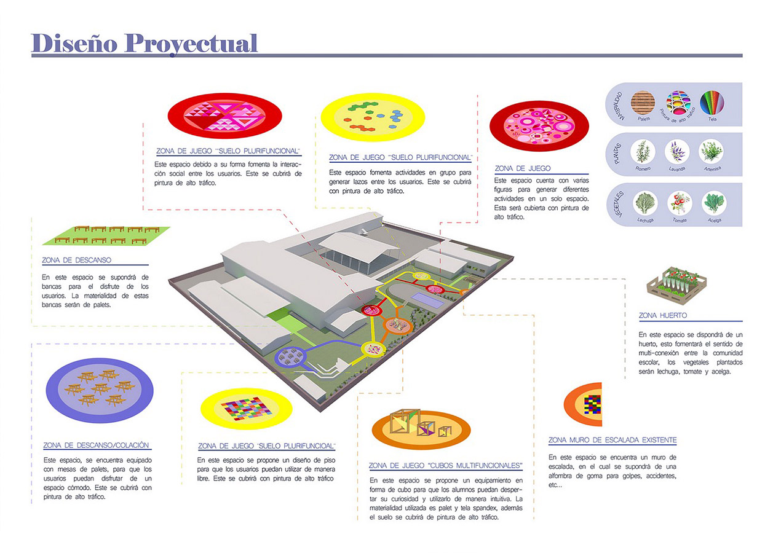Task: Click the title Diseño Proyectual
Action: pos(145,42)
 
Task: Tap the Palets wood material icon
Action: pos(644,102)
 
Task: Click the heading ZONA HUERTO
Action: pos(663,316)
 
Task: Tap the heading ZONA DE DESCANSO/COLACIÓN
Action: pos(96,445)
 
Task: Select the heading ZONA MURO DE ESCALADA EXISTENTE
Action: pos(612,441)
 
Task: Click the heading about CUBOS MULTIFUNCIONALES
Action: pos(446,465)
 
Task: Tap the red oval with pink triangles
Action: pos(224,116)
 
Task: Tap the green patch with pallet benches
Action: pos(108,234)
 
